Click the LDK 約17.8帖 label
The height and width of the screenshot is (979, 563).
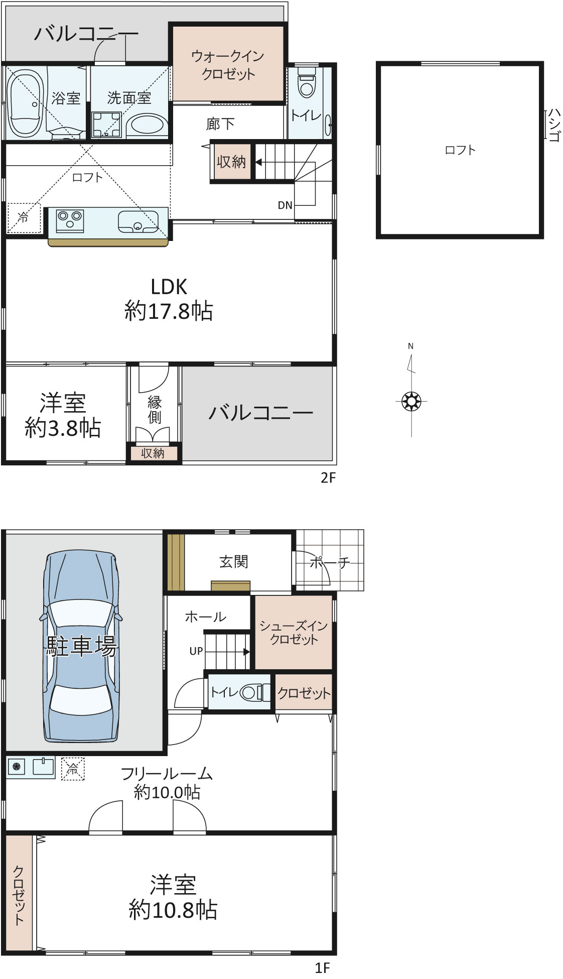pos(169,299)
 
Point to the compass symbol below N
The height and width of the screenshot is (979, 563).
pos(411,401)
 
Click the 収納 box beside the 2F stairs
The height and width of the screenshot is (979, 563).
pos(231,162)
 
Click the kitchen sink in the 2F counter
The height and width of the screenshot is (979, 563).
pos(138,221)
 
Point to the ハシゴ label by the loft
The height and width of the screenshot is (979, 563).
pos(553,124)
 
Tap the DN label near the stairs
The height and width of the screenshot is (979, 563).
pos(285,205)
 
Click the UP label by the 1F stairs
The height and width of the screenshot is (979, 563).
pos(196,651)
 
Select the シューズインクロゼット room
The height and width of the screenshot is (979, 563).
pos(294,632)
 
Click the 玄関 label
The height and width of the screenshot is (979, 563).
pos(234,561)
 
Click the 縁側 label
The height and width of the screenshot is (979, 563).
pos(154,409)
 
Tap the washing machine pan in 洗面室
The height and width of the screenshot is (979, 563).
pos(107,124)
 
